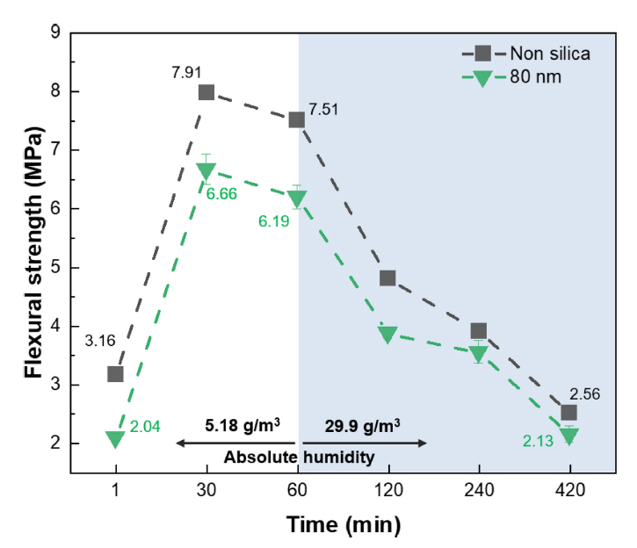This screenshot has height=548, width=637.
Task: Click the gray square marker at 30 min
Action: (x=206, y=92)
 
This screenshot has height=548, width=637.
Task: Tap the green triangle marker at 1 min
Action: (x=115, y=438)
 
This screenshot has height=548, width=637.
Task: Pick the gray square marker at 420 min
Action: (x=569, y=413)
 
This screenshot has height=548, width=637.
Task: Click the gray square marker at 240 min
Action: (x=478, y=331)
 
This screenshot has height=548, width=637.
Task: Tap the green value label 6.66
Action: (x=222, y=191)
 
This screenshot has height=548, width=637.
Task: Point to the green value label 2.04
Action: (x=146, y=426)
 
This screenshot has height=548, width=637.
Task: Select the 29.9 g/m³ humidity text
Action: (x=363, y=426)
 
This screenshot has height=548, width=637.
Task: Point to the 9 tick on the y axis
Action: (x=54, y=32)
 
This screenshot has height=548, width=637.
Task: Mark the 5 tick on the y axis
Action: (x=54, y=268)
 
